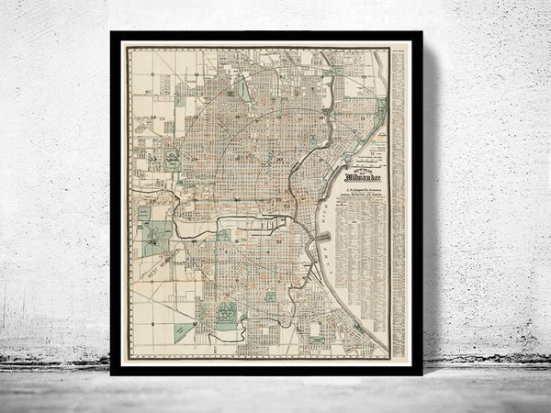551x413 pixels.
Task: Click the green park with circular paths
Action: tap(226, 315)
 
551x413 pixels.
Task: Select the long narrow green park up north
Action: tap(243, 90)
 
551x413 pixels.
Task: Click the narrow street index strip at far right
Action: tap(398, 202)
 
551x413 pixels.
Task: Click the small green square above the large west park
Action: tap(145, 212)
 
